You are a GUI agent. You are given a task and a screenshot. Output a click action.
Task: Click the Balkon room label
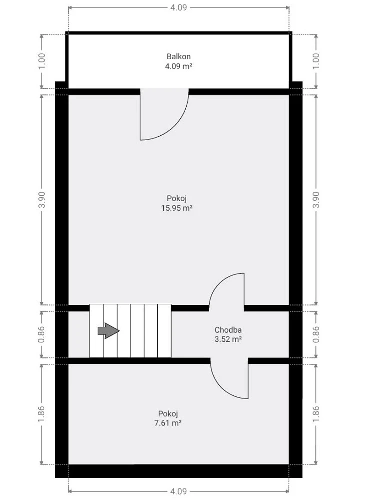pyautogui.click(x=178, y=57)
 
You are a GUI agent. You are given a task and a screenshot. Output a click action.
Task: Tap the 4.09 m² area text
pyautogui.click(x=178, y=66)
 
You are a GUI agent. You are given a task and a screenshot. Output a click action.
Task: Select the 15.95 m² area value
pyautogui.click(x=176, y=208)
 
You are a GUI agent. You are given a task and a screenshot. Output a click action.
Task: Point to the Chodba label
pyautogui.click(x=228, y=330)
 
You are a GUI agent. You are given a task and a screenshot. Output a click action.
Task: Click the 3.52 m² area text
pyautogui.click(x=228, y=339)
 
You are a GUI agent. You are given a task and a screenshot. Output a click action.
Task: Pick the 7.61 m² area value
pyautogui.click(x=168, y=423)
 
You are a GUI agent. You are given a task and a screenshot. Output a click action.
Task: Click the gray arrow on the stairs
pyautogui.click(x=109, y=331)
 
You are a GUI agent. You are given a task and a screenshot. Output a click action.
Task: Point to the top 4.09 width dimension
pyautogui.click(x=178, y=7)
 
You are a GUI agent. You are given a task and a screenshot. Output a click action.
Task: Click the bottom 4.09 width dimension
pyautogui.click(x=178, y=491)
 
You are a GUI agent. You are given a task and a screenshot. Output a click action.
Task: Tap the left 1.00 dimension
pyautogui.click(x=42, y=61)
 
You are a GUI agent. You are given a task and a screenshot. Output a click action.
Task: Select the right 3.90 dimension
pyautogui.click(x=316, y=200)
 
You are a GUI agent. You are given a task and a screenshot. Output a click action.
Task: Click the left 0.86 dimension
pyautogui.click(x=42, y=334)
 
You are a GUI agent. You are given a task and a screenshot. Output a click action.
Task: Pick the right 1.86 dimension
pyautogui.click(x=316, y=414)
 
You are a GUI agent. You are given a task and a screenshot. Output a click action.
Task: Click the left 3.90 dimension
pyautogui.click(x=42, y=200)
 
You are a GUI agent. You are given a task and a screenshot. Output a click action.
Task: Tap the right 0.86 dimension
pyautogui.click(x=316, y=334)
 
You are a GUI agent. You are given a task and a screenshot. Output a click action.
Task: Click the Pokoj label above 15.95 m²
pyautogui.click(x=176, y=199)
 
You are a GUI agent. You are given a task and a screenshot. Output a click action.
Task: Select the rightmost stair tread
pyautogui.click(x=165, y=331)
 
